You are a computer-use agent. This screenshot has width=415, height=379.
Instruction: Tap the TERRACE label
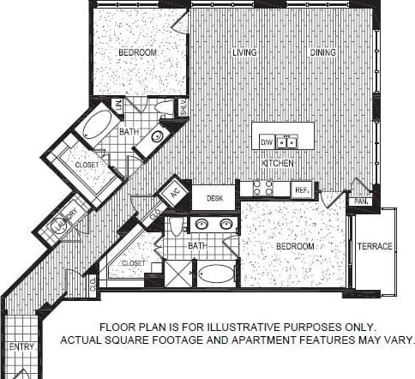coord(375,247)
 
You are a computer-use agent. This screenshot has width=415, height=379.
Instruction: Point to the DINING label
coord(322,53)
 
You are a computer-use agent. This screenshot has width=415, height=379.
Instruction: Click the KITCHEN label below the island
coord(279,163)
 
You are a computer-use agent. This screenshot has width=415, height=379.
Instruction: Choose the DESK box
coord(214,198)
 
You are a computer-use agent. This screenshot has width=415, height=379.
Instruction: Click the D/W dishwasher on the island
coord(266,141)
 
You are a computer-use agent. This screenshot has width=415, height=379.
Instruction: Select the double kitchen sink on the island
coord(286,141)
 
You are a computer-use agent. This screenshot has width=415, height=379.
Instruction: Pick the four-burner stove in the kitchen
coord(263,189)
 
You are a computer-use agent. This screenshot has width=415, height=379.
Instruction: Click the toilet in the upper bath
coord(163,109)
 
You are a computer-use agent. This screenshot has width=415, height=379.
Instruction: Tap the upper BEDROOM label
coord(137,53)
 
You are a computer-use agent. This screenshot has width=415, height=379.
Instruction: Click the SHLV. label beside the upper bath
coord(183,108)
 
